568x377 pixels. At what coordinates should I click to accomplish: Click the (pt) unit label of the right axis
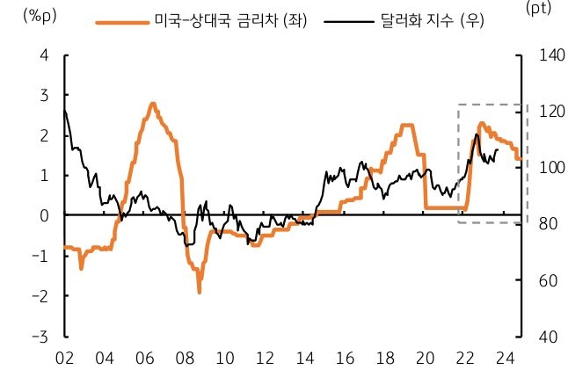click(x=536, y=8)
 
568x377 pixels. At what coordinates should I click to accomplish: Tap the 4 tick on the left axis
click(x=44, y=55)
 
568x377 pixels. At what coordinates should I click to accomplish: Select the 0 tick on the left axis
click(x=44, y=215)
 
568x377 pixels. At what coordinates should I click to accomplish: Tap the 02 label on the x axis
click(x=64, y=359)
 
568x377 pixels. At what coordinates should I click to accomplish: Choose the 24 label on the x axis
click(x=505, y=359)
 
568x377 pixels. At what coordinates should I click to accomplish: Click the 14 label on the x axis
click(x=304, y=359)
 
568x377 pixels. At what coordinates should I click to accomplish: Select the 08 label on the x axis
click(x=184, y=359)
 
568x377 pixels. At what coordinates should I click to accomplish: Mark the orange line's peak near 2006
click(x=152, y=104)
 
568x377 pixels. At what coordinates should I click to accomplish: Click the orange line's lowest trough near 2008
click(x=200, y=291)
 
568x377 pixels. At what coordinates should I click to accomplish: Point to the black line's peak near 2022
click(x=476, y=134)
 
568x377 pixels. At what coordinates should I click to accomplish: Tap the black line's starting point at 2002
click(x=64, y=110)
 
